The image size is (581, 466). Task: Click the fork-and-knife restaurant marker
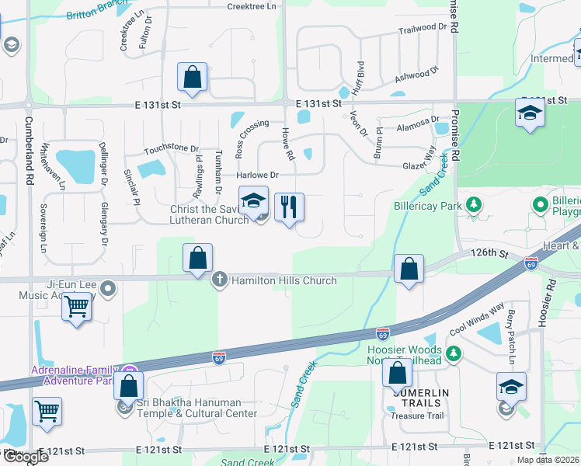coord(289,207)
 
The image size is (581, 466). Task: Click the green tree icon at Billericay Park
coord(472,205)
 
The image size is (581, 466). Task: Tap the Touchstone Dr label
coord(172,148)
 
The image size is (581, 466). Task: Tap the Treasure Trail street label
coord(417,416)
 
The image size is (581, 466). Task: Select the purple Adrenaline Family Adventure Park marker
coord(131,371)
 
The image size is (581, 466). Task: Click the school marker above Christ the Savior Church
coord(253,200)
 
